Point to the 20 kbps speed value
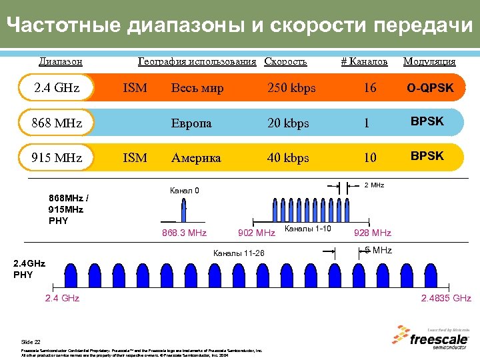pos(288,123)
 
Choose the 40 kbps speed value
pos(288,158)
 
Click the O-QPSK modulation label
pos(430,88)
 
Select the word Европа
pos(191,123)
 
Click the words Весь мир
pos(197,88)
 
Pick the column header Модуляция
pos(429,61)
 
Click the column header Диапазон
pos(61,61)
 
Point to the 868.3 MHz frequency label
pos(184,233)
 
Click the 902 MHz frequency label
pos(256,233)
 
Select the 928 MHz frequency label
pos(373,233)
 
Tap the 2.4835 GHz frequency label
pos(446,298)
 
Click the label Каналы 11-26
pos(238,253)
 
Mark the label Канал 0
pos(185,191)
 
